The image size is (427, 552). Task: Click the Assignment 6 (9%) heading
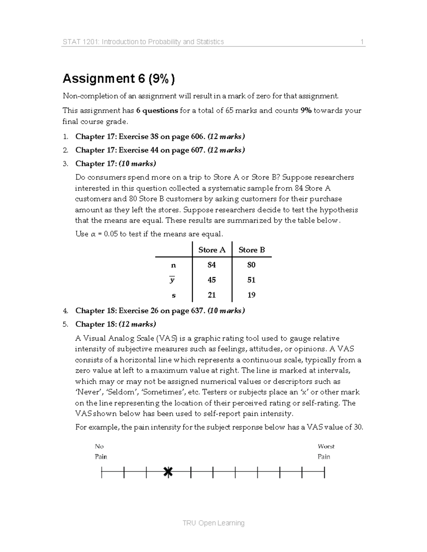(118, 79)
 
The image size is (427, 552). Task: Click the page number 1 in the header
(362, 42)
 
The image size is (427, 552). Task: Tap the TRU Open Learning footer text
(213, 523)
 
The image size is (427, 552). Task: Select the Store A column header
(212, 250)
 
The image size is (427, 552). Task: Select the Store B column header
(252, 250)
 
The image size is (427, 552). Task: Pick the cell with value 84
(212, 265)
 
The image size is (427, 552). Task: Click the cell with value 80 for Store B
(252, 265)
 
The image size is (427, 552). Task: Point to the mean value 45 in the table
(212, 280)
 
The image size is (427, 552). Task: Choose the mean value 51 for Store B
(252, 280)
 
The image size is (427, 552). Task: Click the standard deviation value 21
(212, 295)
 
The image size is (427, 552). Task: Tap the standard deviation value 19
(252, 295)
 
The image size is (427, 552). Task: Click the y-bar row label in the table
(172, 280)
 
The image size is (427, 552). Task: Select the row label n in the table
(173, 265)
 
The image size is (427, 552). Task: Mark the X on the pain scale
(168, 472)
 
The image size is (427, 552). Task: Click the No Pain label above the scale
(101, 451)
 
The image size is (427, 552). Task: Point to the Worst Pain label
(326, 451)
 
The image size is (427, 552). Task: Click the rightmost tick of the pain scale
(325, 473)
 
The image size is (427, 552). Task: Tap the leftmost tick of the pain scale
(102, 473)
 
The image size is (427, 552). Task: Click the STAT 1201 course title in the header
(143, 42)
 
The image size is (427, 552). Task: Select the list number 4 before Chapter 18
(65, 311)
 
